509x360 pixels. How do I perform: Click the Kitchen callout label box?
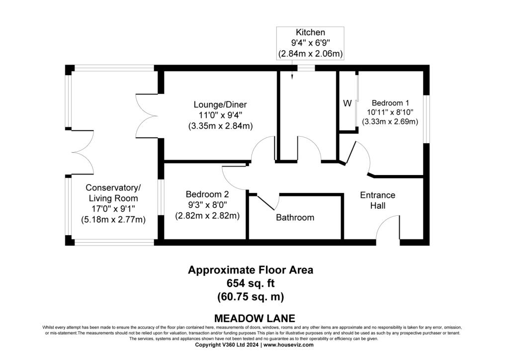coord(310,43)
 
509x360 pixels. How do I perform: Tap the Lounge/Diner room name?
coord(220,104)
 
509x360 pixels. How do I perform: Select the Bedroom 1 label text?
coord(390,103)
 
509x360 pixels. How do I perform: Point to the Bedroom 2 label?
coord(207,194)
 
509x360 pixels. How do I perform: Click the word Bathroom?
coord(295,217)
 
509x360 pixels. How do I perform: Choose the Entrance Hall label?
coord(378,200)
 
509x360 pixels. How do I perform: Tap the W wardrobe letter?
coord(347,103)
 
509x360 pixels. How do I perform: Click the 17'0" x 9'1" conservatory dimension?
coord(113,209)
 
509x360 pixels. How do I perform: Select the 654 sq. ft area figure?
coord(251,283)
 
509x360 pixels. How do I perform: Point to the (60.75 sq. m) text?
coord(251,297)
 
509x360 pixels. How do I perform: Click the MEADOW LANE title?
coord(255,318)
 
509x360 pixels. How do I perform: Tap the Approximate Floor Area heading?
coord(251,270)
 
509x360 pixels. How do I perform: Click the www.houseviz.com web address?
coord(288,345)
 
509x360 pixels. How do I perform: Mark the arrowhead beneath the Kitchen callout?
coord(292,77)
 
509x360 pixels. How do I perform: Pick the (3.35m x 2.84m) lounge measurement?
coord(220,126)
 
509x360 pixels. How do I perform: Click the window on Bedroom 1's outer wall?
coord(426,119)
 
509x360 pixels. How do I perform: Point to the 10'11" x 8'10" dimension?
coord(390,112)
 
